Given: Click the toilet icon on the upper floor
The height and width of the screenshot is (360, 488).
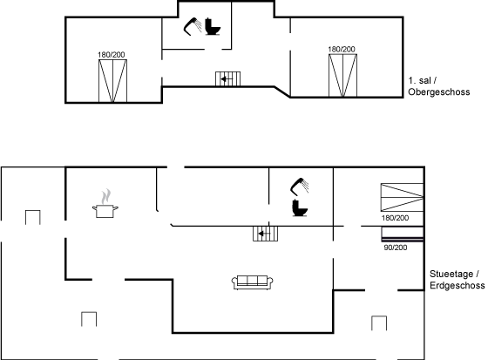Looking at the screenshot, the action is point(213,26).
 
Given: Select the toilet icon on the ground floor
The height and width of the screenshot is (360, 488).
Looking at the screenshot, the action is point(300,207).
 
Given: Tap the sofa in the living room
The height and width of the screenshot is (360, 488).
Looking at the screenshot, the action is point(253,282).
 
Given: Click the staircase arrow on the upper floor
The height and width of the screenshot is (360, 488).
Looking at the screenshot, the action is point(227,79).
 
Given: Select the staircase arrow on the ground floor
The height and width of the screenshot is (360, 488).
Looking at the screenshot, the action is point(264,234).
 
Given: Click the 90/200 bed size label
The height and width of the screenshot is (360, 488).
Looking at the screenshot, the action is point(396,248).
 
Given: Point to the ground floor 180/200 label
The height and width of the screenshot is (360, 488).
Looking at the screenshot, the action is point(395,218).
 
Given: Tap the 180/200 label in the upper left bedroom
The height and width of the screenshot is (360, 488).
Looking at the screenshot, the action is point(112,55).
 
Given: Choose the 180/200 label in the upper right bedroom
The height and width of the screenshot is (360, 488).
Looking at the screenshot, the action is point(342,49).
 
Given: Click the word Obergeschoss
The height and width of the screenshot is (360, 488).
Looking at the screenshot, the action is point(439,92).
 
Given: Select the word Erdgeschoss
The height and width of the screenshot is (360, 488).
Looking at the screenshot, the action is point(457,285).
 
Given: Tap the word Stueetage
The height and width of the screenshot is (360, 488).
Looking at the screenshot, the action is point(451,274).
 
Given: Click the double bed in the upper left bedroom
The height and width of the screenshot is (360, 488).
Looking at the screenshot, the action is point(112,81).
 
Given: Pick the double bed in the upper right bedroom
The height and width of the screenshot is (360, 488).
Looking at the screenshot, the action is point(343,75).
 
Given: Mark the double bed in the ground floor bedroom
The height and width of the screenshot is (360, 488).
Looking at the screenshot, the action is point(402,198).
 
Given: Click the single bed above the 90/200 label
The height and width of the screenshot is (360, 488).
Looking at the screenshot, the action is point(403,234).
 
